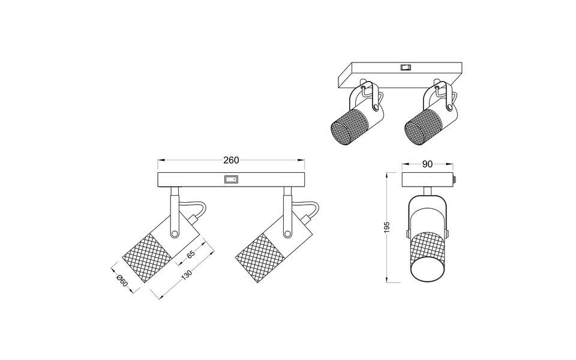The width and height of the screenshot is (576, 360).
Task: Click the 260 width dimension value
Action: (231, 160)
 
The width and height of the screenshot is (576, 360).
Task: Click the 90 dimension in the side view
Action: (428, 164)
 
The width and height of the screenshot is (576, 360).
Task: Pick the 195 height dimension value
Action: (387, 227)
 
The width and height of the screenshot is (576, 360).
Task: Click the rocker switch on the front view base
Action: (230, 179)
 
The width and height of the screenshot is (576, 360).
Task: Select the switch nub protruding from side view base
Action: (456, 179)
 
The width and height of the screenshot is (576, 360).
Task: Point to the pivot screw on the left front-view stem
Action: (175, 233)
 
